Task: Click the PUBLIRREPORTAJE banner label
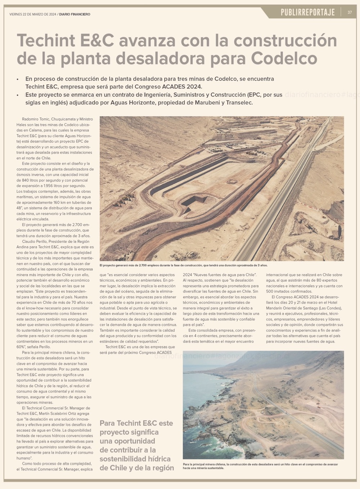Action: (308, 13)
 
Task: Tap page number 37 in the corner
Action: (350, 13)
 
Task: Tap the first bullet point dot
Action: (18, 79)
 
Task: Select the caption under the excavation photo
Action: (184, 265)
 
